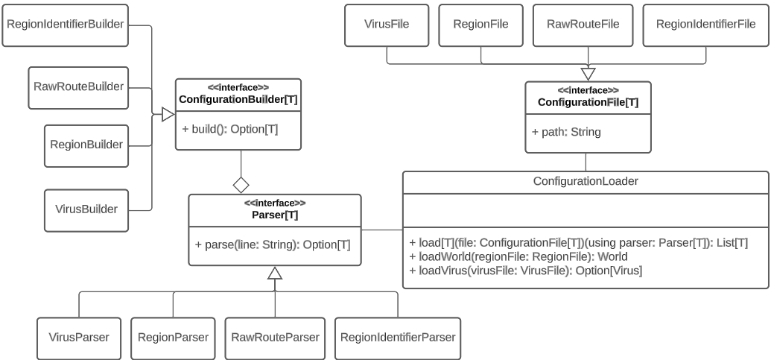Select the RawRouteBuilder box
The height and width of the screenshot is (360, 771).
pos(77,86)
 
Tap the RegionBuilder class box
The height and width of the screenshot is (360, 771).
pos(86,142)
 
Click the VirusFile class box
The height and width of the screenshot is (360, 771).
pos(387,24)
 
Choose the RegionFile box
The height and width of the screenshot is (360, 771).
pos(480,24)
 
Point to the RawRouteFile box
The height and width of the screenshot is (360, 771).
pos(588,24)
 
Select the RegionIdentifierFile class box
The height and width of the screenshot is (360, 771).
pos(705,24)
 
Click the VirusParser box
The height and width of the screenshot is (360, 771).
pos(78,337)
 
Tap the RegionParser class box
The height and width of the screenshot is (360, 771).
pos(174,337)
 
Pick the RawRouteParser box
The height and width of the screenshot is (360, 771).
pos(276,337)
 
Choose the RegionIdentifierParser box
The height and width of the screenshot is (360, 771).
pos(398,337)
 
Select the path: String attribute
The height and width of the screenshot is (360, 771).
pos(566,133)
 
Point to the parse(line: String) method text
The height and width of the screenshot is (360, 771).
pos(273,244)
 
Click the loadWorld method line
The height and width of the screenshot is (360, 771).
pos(518,256)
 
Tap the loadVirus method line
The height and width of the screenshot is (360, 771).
pos(525,269)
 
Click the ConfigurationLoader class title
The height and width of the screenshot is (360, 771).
pos(585,181)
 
